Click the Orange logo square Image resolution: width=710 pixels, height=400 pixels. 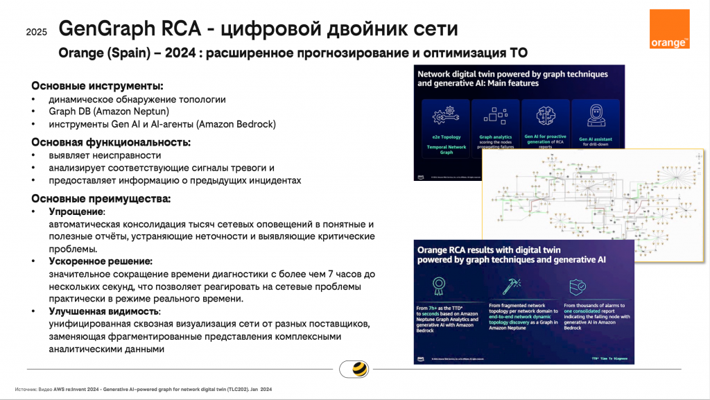[670, 29]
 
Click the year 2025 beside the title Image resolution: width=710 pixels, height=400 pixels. [37, 32]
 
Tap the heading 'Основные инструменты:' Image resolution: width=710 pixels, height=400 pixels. [97, 86]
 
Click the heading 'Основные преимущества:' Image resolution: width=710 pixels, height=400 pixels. [101, 199]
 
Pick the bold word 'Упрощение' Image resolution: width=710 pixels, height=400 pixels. [76, 211]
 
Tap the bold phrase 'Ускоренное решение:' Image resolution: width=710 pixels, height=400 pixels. [100, 261]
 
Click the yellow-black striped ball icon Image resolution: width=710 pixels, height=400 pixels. [358, 369]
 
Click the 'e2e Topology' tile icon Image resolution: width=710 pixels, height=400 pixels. [442, 115]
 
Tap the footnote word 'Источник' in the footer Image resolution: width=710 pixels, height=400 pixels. [26, 390]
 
